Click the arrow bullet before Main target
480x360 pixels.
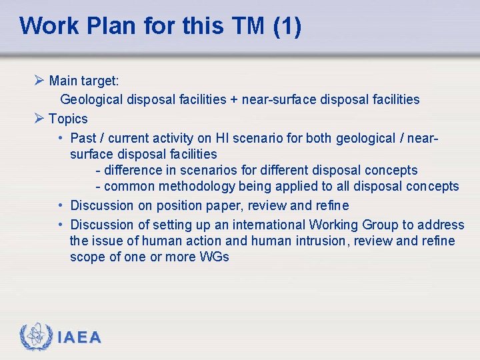(39, 81)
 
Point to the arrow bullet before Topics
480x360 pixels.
(39, 119)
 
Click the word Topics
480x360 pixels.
(68, 119)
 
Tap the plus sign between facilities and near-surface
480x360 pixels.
(234, 100)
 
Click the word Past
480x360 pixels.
(83, 138)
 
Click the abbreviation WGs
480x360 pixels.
(214, 257)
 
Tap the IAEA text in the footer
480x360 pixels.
(79, 338)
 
